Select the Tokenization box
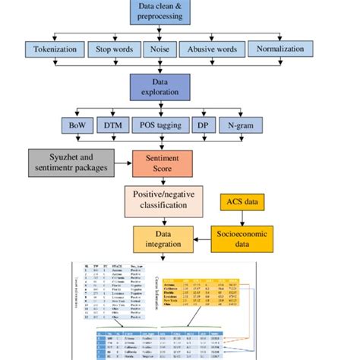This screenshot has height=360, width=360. click(x=52, y=50)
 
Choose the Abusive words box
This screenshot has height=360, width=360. click(x=210, y=50)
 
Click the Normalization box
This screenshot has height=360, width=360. click(x=279, y=50)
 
